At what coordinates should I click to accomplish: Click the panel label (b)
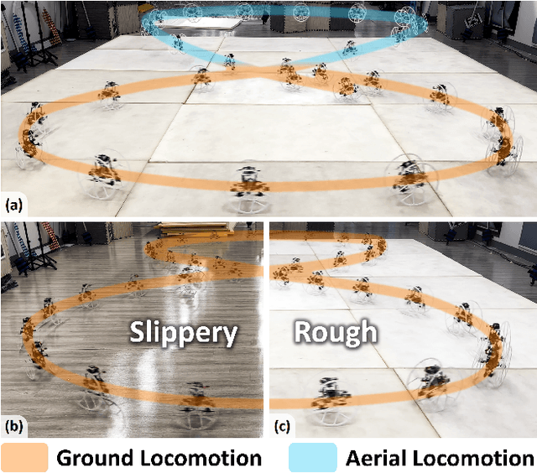13,426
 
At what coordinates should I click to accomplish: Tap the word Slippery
183,333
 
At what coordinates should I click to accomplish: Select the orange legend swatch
24,457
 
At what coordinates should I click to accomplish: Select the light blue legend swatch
312,457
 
